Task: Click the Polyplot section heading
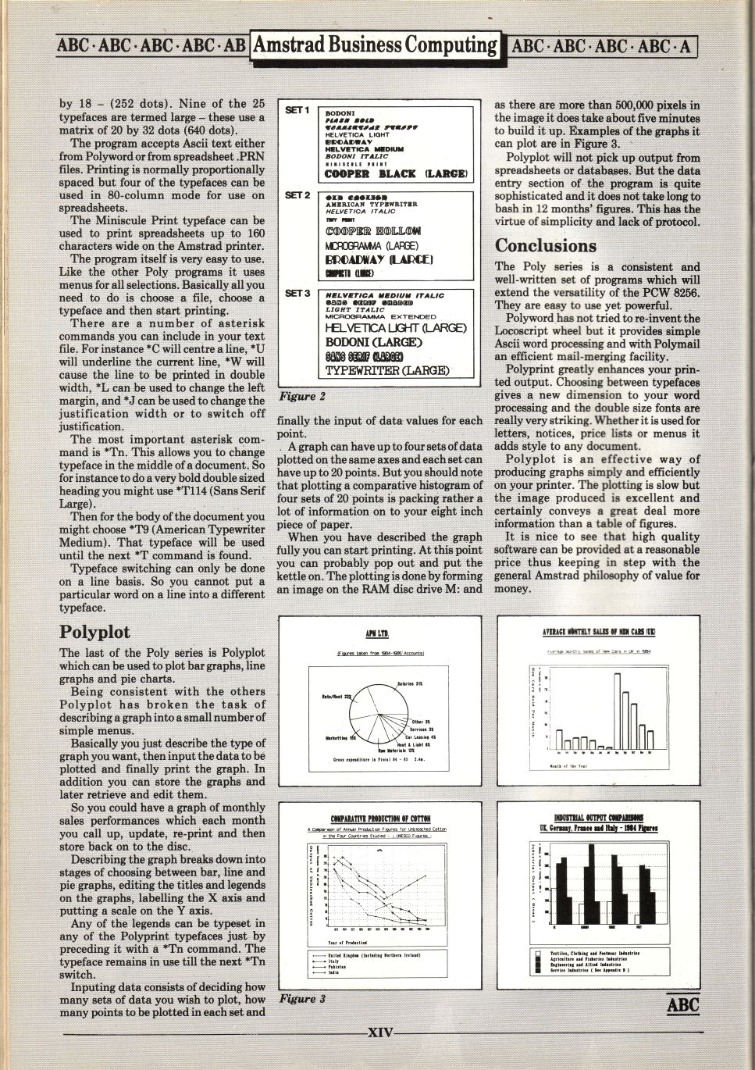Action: (94, 632)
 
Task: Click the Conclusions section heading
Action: (545, 246)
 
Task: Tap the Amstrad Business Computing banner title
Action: (375, 45)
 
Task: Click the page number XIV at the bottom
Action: (380, 1033)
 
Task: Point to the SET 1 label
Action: (297, 110)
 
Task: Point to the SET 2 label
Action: (297, 195)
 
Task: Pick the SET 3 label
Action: (297, 294)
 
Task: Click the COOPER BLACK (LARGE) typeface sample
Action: (396, 173)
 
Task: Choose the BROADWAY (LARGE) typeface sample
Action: (379, 259)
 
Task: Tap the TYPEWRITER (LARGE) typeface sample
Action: (386, 370)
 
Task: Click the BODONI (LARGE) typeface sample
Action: (373, 342)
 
